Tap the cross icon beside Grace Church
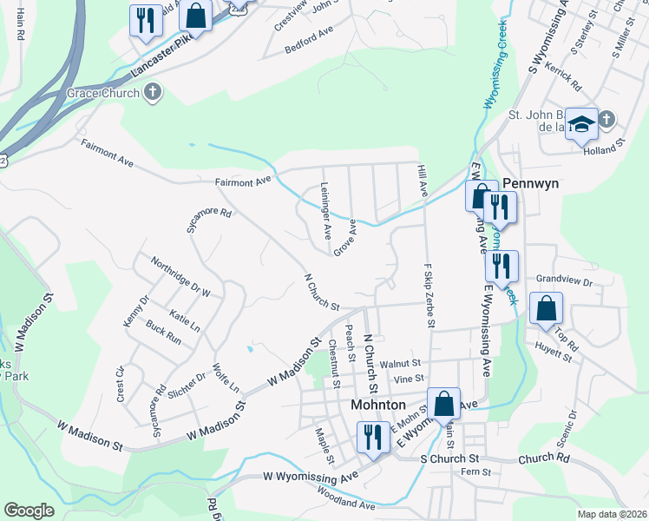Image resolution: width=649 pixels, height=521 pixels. (153, 92)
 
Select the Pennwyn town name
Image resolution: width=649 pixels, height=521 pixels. (530, 185)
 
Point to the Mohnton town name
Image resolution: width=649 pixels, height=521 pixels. (377, 405)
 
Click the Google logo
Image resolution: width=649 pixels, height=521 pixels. (29, 510)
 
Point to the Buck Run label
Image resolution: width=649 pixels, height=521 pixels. (163, 333)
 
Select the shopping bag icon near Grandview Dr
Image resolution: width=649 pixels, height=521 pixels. (546, 309)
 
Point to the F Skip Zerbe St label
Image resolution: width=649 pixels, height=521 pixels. (429, 295)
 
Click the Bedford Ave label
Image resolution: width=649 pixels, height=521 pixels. (311, 44)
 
